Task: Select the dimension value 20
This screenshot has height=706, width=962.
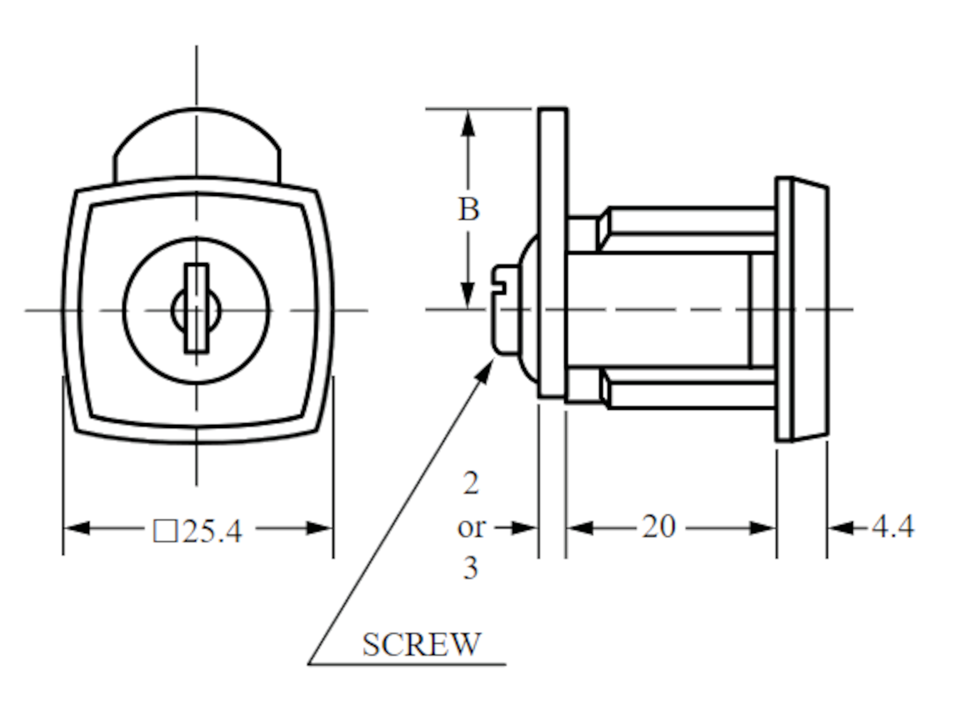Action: coord(659,527)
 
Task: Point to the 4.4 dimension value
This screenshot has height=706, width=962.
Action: coord(892,527)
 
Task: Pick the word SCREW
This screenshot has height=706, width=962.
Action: coord(421,644)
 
